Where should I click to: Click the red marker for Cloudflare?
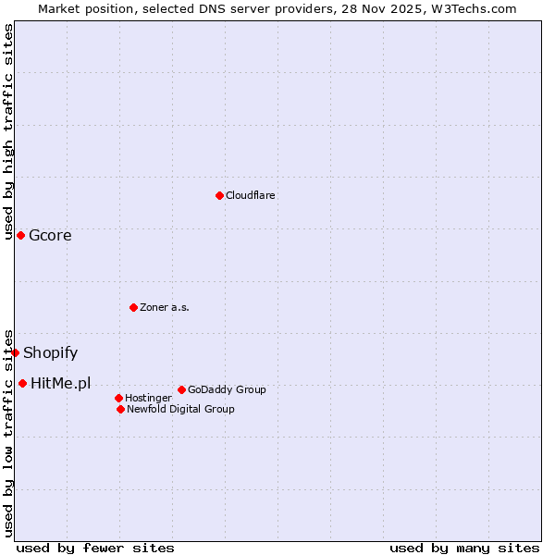pyautogui.click(x=219, y=195)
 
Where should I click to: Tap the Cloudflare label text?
pyautogui.click(x=251, y=195)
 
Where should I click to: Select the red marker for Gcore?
pyautogui.click(x=20, y=235)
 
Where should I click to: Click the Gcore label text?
pyautogui.click(x=50, y=235)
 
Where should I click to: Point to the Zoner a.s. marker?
pyautogui.click(x=133, y=307)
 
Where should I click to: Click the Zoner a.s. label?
pyautogui.click(x=165, y=307)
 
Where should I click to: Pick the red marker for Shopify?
pyautogui.click(x=15, y=352)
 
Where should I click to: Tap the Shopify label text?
pyautogui.click(x=50, y=352)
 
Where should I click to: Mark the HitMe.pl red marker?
pyautogui.click(x=22, y=383)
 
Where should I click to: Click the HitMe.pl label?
pyautogui.click(x=61, y=383)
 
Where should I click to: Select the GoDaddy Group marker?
pyautogui.click(x=181, y=389)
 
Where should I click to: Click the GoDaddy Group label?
pyautogui.click(x=227, y=389)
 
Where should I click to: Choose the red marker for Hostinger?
pyautogui.click(x=118, y=398)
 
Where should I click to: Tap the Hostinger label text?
pyautogui.click(x=148, y=398)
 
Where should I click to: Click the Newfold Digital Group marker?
pyautogui.click(x=120, y=409)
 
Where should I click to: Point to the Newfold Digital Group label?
pyautogui.click(x=180, y=409)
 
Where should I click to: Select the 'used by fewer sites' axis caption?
pyautogui.click(x=95, y=548)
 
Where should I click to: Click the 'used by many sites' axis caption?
pyautogui.click(x=464, y=548)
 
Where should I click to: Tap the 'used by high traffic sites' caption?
pyautogui.click(x=8, y=131)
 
